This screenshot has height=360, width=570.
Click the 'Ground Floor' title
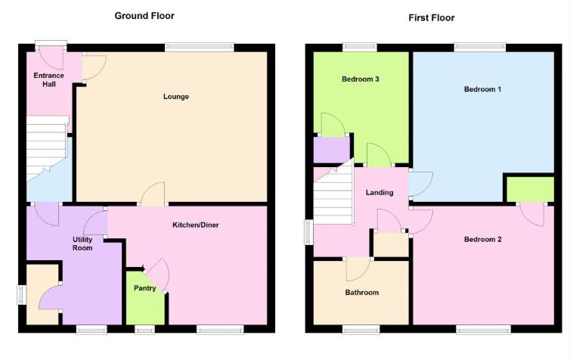[x=145, y=15]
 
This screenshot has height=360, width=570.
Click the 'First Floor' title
[x=432, y=17]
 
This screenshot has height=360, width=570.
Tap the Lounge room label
[x=175, y=96]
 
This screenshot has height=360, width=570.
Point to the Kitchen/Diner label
[x=195, y=225]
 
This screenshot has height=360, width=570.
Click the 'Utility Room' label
[x=82, y=243]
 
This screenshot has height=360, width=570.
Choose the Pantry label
[x=144, y=288]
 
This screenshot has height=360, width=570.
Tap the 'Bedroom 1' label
[x=482, y=89]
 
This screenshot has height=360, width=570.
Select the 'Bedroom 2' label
[x=482, y=239]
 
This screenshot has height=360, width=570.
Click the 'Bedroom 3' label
[x=360, y=79]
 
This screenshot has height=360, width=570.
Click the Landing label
[x=379, y=192]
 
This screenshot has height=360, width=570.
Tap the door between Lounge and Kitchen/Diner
[x=153, y=194]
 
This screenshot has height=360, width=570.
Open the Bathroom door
[x=358, y=268]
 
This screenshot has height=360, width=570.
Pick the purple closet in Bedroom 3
[x=331, y=148]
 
